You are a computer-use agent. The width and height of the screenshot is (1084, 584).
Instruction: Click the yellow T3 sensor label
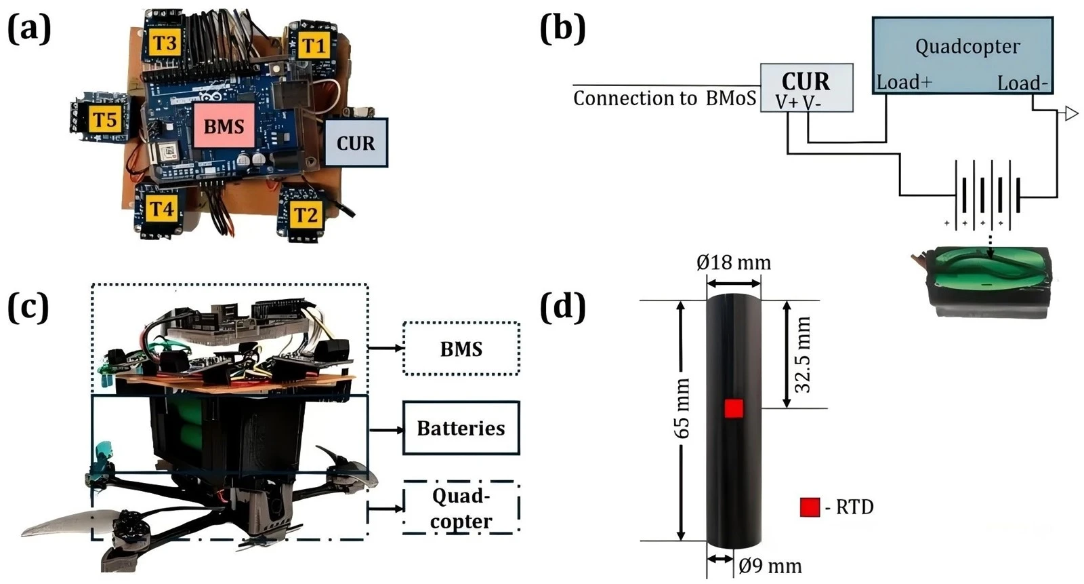click(165, 43)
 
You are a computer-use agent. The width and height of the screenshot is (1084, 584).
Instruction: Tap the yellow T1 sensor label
click(314, 45)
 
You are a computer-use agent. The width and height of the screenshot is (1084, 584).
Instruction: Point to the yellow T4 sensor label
click(161, 210)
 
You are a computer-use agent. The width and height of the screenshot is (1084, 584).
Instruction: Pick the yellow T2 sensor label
click(306, 214)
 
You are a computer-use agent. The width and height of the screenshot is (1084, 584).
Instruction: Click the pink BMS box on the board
click(224, 126)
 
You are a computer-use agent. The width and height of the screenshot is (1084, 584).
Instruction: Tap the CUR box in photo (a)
click(356, 143)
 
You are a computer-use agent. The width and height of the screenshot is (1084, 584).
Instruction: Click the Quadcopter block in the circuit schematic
click(963, 56)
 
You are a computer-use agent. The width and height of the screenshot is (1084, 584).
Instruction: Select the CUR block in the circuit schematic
click(807, 87)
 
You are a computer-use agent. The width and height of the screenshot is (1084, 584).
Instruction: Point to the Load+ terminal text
click(904, 82)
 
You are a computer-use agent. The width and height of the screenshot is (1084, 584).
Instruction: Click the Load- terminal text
click(1022, 83)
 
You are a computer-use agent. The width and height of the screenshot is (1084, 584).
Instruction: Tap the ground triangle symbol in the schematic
click(1071, 115)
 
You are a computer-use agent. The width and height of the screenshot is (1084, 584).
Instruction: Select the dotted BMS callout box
click(461, 349)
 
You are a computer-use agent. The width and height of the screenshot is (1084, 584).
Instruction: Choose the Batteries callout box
click(461, 428)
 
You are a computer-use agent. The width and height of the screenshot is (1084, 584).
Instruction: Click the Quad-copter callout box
click(461, 508)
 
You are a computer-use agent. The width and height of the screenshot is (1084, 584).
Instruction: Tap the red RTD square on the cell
click(734, 408)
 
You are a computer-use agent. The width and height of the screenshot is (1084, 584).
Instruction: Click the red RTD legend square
click(810, 507)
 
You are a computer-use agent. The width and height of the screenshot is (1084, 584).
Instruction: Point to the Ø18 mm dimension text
click(734, 263)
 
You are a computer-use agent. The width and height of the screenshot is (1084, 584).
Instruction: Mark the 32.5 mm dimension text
click(804, 354)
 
